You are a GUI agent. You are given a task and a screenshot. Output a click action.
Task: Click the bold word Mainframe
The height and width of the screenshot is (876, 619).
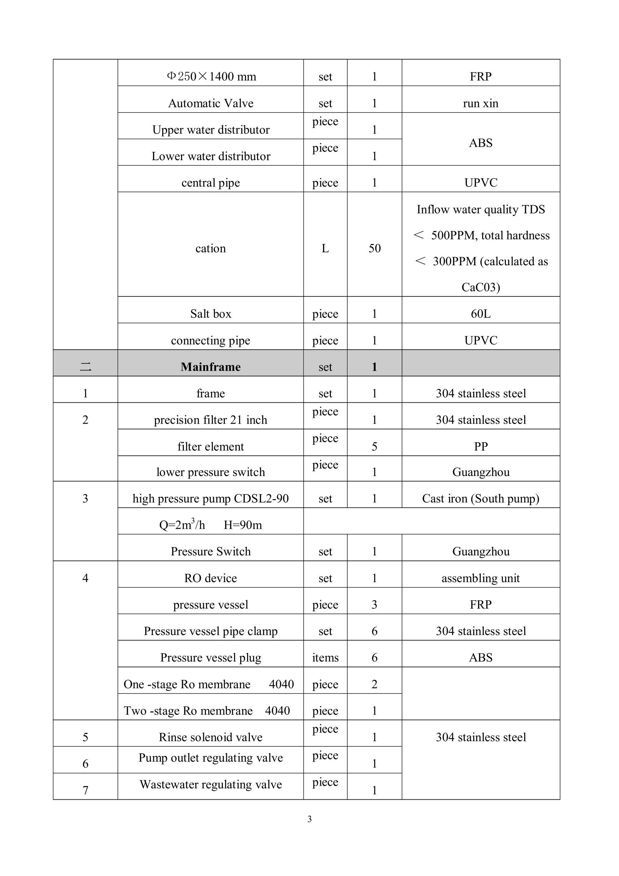(x=210, y=366)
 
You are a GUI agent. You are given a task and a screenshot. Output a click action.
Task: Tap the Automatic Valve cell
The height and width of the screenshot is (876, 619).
(x=211, y=103)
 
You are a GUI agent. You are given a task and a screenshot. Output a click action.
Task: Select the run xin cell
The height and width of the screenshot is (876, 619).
(x=480, y=103)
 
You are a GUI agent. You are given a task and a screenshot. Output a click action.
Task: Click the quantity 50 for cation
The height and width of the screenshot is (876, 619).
(x=374, y=248)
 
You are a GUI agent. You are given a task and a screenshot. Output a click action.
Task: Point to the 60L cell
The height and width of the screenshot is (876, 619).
(x=480, y=314)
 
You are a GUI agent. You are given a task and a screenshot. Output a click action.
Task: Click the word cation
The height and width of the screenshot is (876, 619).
(x=210, y=248)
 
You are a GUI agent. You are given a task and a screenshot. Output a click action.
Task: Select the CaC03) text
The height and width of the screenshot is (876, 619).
(x=480, y=287)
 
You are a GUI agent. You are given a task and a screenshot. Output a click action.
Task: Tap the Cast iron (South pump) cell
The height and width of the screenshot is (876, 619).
(x=480, y=498)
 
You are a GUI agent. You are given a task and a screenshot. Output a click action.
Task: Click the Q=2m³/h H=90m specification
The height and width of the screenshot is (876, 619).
(x=210, y=525)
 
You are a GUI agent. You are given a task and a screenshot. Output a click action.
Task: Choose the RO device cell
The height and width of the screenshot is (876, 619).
(x=210, y=578)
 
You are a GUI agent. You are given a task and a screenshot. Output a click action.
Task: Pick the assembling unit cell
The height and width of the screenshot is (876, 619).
(x=480, y=578)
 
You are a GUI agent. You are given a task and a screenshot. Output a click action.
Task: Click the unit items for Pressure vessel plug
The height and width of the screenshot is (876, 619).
(x=325, y=657)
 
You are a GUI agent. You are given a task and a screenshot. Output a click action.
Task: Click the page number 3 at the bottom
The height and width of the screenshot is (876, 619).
(x=309, y=819)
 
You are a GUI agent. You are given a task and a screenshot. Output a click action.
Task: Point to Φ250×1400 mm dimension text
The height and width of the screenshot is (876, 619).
(x=211, y=76)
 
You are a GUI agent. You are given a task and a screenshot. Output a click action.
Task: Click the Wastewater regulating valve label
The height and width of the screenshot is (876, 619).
(x=211, y=784)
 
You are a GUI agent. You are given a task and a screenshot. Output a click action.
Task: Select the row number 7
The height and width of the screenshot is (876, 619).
(x=85, y=790)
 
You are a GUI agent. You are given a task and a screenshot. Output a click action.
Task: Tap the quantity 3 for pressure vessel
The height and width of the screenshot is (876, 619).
(x=374, y=604)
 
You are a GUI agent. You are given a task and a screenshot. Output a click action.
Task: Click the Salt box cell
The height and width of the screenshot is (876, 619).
(x=211, y=314)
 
